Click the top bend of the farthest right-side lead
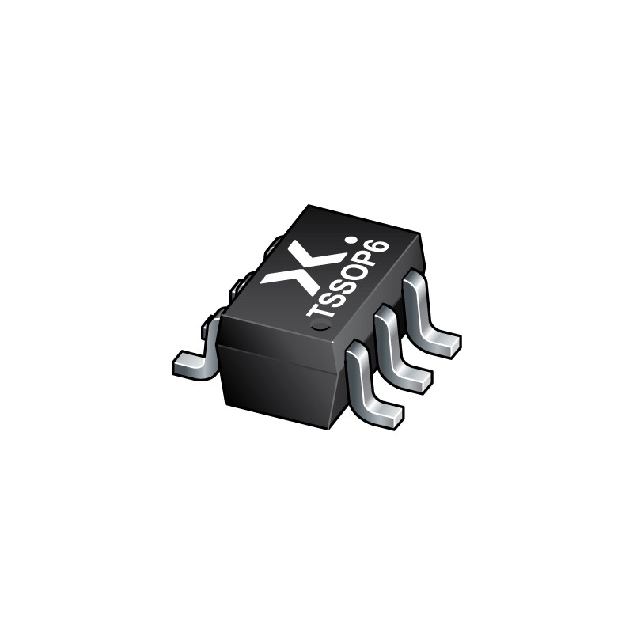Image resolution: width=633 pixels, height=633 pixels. pos(415,283)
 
